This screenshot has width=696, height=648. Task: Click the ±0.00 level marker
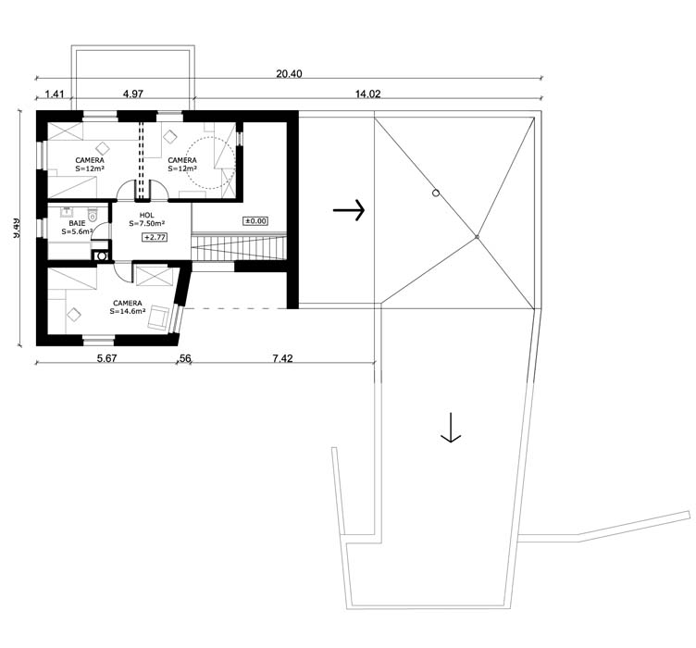[255, 221]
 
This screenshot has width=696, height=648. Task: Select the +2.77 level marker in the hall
[154, 238]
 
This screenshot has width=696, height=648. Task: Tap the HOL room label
[146, 215]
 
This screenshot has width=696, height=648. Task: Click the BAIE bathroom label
[77, 222]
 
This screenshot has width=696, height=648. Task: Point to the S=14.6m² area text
[128, 311]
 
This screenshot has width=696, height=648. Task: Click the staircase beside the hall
[235, 248]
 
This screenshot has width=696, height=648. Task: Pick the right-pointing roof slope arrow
[349, 211]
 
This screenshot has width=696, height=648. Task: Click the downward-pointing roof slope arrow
[451, 427]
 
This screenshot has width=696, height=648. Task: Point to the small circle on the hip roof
[435, 193]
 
